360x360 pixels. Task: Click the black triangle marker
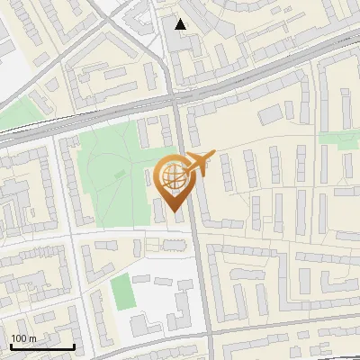(181, 24)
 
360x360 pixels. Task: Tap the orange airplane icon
(198, 163)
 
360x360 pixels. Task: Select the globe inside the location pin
(171, 175)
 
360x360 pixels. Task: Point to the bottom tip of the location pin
(171, 212)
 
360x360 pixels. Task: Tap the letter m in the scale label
(33, 338)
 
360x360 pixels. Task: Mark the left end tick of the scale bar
(11, 346)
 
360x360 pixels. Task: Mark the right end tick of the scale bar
(74, 346)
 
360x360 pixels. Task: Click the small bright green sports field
(121, 290)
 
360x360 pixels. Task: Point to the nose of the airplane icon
(213, 155)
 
